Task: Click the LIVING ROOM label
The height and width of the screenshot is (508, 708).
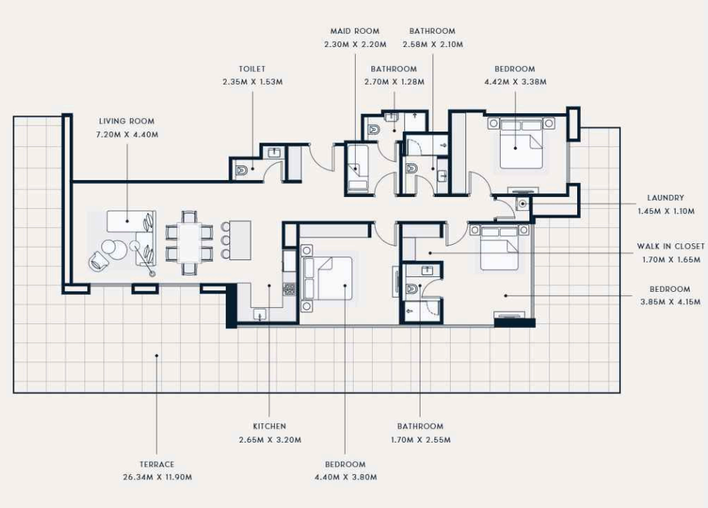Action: [x=126, y=121]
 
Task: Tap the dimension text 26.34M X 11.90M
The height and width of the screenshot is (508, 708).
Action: [x=157, y=477]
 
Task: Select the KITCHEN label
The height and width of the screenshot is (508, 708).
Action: [x=270, y=426]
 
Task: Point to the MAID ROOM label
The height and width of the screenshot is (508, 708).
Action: [x=355, y=31]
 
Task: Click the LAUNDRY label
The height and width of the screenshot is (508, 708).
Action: [x=665, y=198]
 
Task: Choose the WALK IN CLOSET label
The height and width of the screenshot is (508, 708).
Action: [x=671, y=246]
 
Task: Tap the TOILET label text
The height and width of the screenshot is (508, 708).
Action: [x=252, y=69]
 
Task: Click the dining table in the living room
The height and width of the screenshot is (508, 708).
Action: [x=190, y=243]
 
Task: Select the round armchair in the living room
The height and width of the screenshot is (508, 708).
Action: [x=99, y=260]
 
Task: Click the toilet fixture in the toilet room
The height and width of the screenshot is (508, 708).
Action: [x=241, y=171]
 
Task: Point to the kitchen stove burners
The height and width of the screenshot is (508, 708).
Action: [x=289, y=289]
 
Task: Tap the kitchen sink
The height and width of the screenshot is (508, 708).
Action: [x=260, y=314]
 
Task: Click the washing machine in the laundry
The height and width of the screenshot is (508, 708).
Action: [x=523, y=204]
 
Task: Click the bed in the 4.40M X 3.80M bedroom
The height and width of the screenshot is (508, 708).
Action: [x=328, y=278]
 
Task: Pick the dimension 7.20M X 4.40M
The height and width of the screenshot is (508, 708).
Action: [x=127, y=135]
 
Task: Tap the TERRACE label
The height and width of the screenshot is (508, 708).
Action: [x=157, y=464]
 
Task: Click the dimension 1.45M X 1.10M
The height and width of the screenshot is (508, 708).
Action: [x=666, y=211]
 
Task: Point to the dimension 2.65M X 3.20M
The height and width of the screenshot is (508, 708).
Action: [x=270, y=440]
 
